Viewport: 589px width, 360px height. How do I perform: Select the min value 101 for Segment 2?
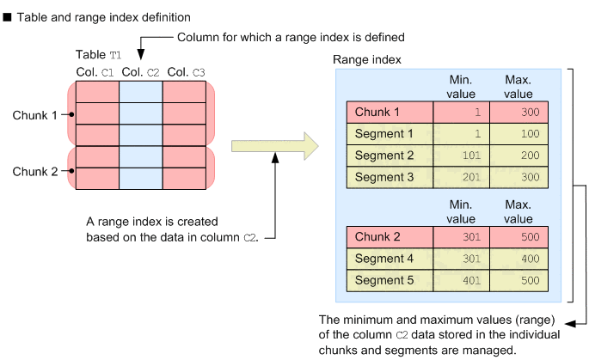tap(469, 156)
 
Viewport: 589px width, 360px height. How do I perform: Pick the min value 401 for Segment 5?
tap(469, 280)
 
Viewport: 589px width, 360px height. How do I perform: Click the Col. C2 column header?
tap(140, 71)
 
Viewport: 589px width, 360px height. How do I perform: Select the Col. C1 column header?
tap(95, 71)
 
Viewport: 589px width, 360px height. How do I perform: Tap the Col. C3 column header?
tap(185, 71)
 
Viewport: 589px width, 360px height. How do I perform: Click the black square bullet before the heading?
tap(8, 17)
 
